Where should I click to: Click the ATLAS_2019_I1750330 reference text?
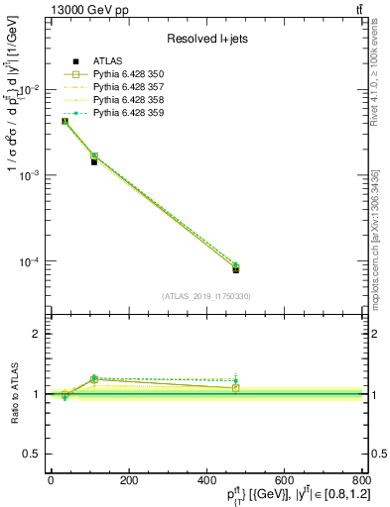[206, 296]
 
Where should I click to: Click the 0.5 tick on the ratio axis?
[31, 454]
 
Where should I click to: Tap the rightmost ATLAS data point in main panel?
[236, 269]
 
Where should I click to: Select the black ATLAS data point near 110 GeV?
[93, 160]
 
